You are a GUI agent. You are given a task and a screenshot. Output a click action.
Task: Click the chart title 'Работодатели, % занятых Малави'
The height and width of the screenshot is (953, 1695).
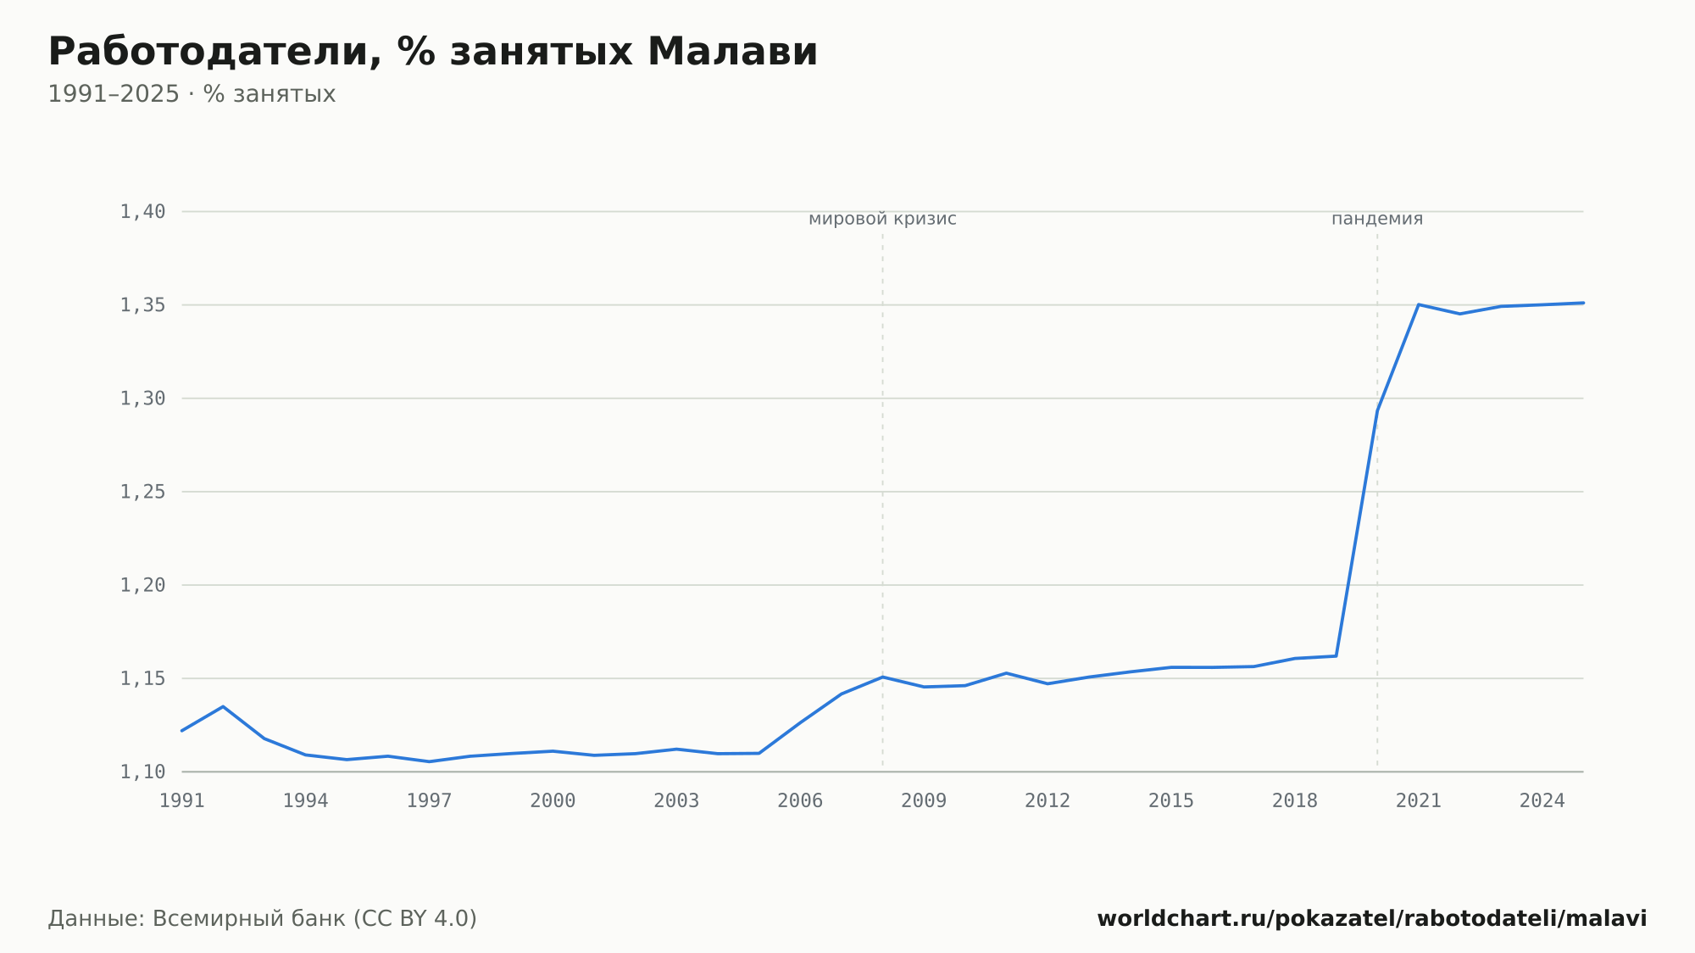[x=433, y=52]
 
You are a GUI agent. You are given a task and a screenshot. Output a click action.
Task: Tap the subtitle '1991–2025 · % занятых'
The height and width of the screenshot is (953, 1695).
[x=192, y=94]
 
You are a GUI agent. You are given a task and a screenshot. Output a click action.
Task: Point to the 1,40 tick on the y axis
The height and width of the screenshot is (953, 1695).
[x=142, y=212]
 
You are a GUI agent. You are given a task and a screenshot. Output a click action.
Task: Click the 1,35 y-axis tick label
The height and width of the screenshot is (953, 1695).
[x=142, y=305]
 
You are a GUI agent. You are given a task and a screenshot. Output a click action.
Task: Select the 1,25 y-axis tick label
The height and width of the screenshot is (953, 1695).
[x=142, y=492]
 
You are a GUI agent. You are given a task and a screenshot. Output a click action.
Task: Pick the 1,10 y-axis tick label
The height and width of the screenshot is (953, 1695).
[x=142, y=772]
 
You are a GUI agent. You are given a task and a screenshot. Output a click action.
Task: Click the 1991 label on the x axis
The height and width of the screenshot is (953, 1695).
[x=182, y=801]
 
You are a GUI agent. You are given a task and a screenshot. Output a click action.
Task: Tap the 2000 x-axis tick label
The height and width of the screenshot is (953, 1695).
[x=553, y=801]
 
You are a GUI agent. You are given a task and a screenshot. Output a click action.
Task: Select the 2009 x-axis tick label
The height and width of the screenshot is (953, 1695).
[x=924, y=801]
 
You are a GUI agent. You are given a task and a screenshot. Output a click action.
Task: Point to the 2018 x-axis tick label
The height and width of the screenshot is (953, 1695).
[x=1295, y=801]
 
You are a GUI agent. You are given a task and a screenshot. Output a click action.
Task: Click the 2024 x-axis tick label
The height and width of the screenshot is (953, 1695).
[x=1542, y=801]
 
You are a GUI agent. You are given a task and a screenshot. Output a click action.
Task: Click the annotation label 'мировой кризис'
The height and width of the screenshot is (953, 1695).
[x=882, y=219]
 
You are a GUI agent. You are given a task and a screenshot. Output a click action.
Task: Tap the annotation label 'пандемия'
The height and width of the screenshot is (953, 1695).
[x=1377, y=219]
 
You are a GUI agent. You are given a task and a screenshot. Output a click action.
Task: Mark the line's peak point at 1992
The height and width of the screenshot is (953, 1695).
[x=223, y=706]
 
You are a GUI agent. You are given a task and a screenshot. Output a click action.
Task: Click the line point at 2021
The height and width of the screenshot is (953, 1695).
[x=1419, y=304]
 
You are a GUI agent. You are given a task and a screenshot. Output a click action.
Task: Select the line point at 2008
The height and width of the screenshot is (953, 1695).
[x=882, y=677]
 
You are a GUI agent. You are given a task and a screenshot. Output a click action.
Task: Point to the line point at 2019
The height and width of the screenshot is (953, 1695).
[x=1337, y=656]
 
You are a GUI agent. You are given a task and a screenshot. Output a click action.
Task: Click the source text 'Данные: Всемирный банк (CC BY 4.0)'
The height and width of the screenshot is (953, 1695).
[x=263, y=918]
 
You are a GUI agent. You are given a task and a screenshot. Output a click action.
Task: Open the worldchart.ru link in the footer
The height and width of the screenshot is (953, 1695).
[x=1372, y=918]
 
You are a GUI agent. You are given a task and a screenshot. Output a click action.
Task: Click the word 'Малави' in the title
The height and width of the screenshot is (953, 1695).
[x=732, y=52]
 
